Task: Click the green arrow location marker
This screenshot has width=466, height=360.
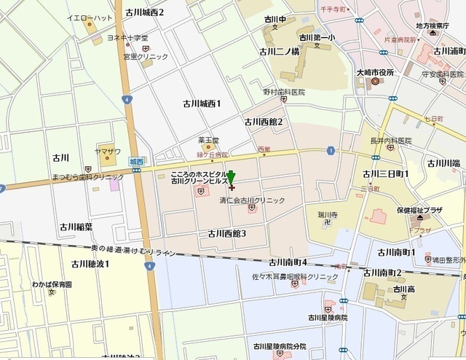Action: [231, 177]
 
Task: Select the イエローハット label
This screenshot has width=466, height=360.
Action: [89, 17]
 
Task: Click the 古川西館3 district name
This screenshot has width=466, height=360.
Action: [227, 233]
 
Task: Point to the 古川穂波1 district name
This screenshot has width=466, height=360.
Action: [90, 264]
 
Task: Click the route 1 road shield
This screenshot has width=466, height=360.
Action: [331, 150]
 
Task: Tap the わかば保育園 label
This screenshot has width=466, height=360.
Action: [52, 283]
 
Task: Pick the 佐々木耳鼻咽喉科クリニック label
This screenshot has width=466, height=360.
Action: [295, 277]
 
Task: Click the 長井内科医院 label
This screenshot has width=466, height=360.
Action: [391, 140]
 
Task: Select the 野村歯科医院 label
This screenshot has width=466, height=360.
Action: [284, 93]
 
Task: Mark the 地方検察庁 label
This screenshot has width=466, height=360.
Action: [437, 26]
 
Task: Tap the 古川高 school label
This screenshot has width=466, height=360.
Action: [403, 289]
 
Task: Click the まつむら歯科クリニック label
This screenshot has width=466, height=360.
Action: [89, 177]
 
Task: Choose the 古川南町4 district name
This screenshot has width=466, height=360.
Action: [288, 262]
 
